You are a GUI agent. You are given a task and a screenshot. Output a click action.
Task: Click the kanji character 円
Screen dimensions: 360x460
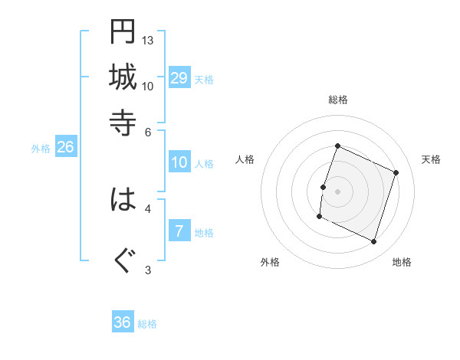pos(123,31)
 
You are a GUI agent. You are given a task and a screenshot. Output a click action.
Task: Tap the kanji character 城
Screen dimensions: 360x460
pos(123,77)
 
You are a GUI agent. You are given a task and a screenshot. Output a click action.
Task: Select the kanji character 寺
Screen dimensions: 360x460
pos(123,122)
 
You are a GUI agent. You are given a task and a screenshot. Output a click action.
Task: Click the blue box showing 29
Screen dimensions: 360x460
pos(179,79)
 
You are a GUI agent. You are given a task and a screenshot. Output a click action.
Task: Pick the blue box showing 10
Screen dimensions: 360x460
pos(179,162)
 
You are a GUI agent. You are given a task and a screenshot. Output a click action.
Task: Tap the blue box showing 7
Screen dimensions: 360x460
pos(179,231)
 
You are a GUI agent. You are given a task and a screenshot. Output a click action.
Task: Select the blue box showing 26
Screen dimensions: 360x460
pos(65,147)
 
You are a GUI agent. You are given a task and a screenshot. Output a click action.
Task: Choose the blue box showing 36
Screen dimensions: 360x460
pos(123,322)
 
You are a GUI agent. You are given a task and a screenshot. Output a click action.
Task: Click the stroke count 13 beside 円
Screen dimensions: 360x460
pos(148,40)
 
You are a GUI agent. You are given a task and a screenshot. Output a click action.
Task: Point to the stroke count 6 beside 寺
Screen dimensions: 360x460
pos(148,131)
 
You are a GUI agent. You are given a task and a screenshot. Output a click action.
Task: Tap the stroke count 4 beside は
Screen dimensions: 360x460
pos(148,208)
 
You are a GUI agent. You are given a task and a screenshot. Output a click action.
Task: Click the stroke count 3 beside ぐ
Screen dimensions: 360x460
pos(148,270)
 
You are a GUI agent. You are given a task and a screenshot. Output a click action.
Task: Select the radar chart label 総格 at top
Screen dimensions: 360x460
pos(338,100)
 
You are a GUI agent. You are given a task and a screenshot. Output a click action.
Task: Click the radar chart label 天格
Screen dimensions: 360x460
pos(431,159)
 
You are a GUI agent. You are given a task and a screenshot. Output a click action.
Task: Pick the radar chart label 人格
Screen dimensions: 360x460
pos(245,159)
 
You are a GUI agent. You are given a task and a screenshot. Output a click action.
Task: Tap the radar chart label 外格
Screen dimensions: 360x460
pos(270,262)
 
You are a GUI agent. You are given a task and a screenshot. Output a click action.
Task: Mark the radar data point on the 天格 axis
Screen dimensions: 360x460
pos(396,173)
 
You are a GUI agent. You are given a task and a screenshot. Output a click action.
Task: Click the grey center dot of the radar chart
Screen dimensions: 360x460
pos(338,191)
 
